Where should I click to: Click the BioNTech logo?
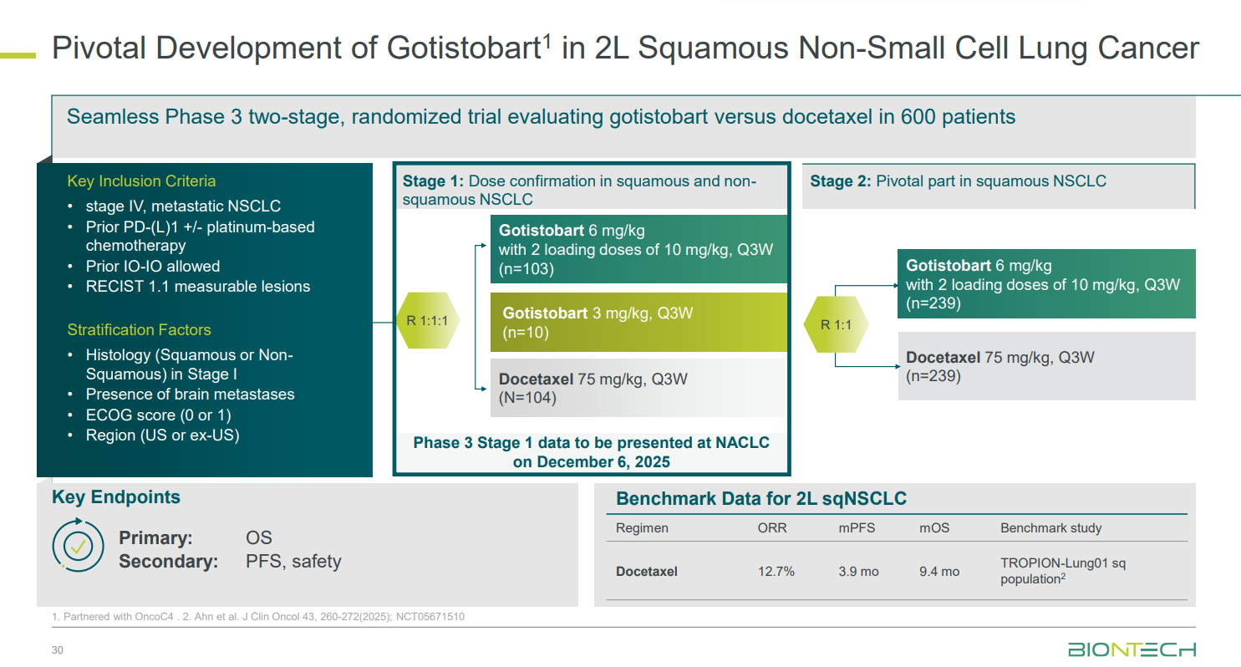(1132, 649)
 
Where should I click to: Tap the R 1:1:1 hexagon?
(428, 320)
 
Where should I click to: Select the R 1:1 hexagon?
(836, 324)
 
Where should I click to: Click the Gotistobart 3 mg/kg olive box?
(638, 323)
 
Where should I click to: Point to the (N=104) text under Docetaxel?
(527, 398)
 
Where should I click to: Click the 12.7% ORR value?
(776, 571)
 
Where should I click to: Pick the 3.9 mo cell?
(858, 571)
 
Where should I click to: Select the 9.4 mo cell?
(939, 571)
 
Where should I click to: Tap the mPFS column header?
(857, 528)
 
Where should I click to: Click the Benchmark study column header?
(1051, 528)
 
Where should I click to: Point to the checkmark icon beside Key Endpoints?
(78, 546)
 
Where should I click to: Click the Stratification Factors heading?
(139, 329)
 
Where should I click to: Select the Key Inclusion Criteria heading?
(141, 181)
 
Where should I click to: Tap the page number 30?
(57, 649)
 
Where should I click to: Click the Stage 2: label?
(841, 181)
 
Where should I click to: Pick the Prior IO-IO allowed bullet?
(152, 267)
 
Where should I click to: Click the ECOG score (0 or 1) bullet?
(158, 415)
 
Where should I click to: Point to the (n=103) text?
(526, 269)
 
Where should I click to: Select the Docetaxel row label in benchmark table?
(647, 571)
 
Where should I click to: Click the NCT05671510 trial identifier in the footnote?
(430, 617)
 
